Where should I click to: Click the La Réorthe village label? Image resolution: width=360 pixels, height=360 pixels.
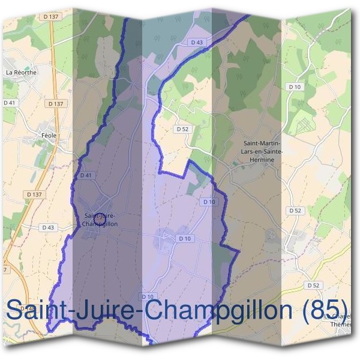(20, 72)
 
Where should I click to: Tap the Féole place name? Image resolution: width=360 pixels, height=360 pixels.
(49, 136)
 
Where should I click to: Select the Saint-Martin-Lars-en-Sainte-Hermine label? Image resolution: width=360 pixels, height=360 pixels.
(262, 151)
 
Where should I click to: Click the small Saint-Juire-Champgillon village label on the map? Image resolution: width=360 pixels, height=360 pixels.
(101, 220)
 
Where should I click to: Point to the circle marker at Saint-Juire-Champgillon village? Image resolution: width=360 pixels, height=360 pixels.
(101, 220)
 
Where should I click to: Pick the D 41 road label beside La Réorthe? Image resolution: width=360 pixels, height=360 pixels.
(10, 103)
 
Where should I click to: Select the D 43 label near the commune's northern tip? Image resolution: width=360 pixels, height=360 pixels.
(197, 42)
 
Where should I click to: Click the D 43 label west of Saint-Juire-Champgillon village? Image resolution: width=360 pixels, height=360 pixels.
(48, 227)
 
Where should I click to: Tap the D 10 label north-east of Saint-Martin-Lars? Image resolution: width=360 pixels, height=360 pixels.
(295, 87)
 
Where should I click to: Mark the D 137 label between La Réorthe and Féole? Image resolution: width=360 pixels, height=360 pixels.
(55, 104)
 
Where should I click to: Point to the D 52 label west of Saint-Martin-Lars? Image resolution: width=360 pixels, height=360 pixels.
(182, 129)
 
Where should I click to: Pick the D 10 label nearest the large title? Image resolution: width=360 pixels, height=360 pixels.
(148, 296)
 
